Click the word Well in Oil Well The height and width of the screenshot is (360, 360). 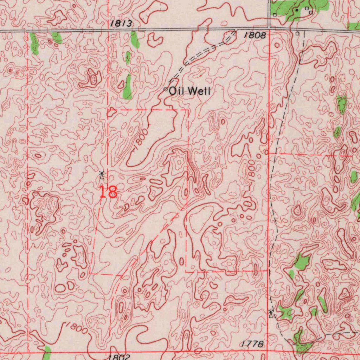tap(200, 91)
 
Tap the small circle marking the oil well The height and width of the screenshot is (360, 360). tap(166, 90)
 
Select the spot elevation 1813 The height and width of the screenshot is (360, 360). tap(121, 24)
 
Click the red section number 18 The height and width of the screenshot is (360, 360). tap(108, 192)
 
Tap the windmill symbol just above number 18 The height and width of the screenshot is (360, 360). tap(101, 175)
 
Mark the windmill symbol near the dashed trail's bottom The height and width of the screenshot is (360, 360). tap(270, 313)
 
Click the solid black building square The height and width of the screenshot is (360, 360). tap(297, 10)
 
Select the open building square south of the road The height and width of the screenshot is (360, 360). tap(297, 33)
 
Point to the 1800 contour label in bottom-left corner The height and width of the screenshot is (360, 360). tap(76, 328)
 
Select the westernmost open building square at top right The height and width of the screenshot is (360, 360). tap(275, 15)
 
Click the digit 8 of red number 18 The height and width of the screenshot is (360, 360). tap(112, 192)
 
